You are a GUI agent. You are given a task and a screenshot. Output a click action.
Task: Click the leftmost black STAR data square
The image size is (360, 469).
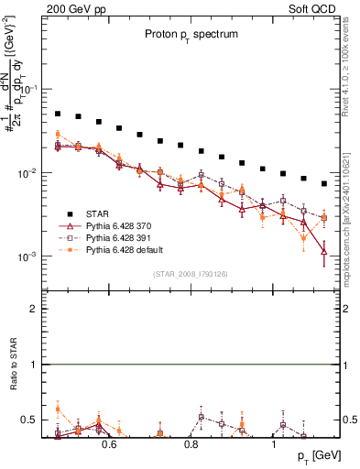(58, 114)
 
